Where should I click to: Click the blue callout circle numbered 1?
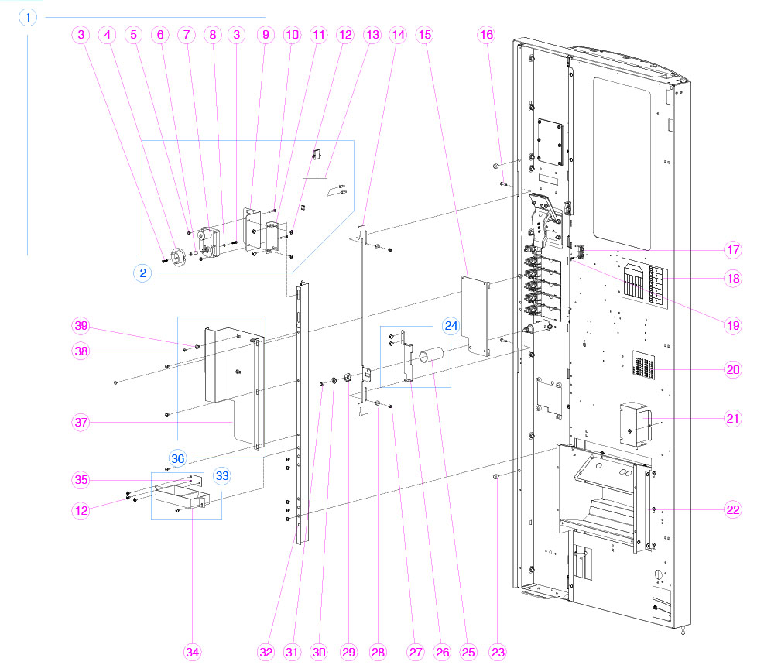point(28,18)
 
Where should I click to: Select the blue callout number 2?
point(142,273)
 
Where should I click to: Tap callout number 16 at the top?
point(486,35)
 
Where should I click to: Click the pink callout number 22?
point(733,509)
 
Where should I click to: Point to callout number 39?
point(81,325)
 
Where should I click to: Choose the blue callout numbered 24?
point(451,325)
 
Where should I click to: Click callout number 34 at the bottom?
point(193,652)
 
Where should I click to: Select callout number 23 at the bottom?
point(498,652)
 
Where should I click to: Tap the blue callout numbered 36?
point(178,458)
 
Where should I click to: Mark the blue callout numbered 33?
point(222,475)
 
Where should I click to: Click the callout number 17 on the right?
point(733,250)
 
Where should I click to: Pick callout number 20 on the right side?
point(733,370)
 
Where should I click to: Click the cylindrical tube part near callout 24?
point(431,355)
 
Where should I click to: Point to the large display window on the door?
point(622,163)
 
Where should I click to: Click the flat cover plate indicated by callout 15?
point(475,316)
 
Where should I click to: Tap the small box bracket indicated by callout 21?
point(635,423)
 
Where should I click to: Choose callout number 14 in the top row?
point(399,35)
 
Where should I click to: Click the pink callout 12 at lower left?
point(81,510)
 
